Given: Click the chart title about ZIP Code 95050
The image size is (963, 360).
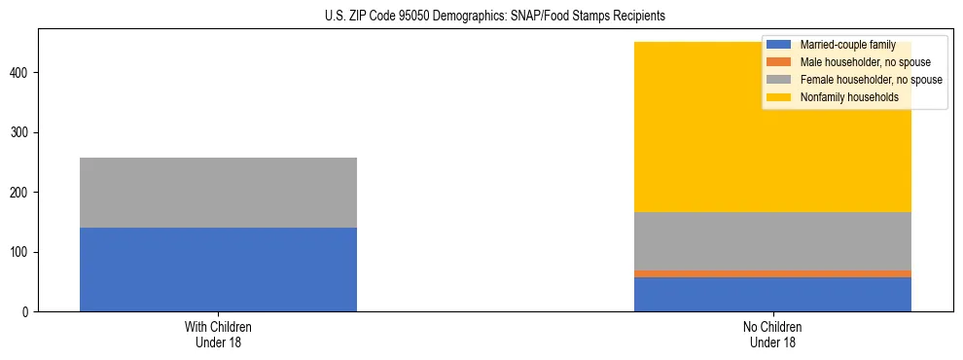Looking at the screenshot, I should point(495,17).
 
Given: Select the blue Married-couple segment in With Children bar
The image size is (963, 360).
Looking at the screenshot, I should point(218,270).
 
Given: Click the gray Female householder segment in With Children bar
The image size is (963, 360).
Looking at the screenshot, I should point(218,193).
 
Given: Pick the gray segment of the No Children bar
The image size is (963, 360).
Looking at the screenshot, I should point(772,241).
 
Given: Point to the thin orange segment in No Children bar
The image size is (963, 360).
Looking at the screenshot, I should point(772,273).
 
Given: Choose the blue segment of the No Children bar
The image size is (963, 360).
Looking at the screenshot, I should point(772,294).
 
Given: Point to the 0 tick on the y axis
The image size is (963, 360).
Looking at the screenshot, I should point(28,312).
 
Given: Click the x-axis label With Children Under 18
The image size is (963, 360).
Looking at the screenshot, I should point(218,334).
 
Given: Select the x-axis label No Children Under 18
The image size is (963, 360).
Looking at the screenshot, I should point(772,334).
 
